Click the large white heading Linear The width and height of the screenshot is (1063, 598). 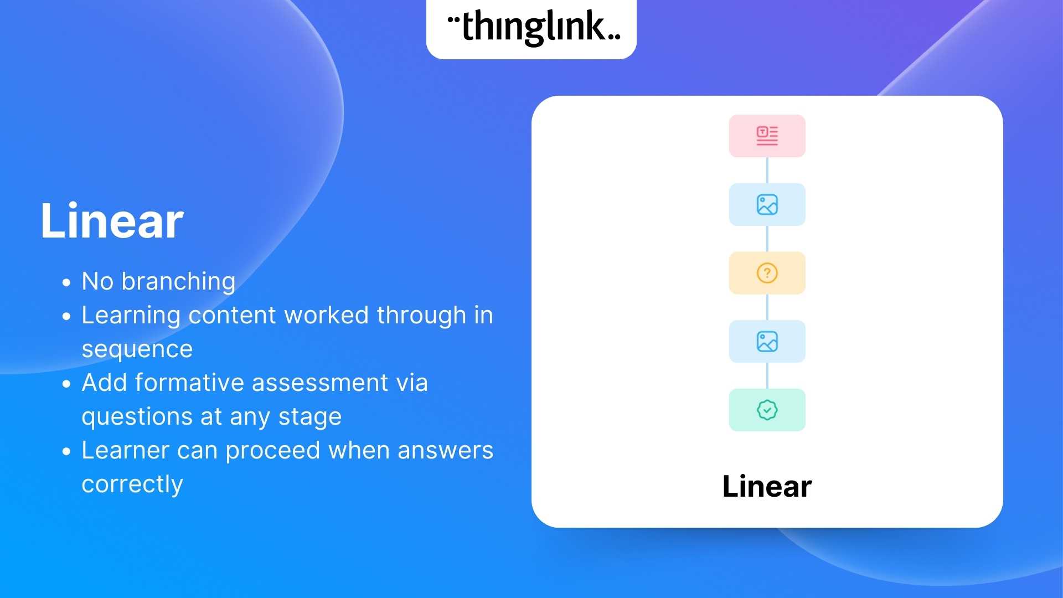click(x=112, y=221)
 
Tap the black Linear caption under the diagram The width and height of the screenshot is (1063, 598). click(x=767, y=487)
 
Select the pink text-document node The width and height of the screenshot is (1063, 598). click(x=767, y=136)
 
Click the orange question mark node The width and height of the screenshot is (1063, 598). click(x=767, y=273)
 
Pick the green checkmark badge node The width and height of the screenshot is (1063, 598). click(x=767, y=410)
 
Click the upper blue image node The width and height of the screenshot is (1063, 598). click(x=767, y=204)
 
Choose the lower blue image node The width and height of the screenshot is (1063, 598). click(x=767, y=342)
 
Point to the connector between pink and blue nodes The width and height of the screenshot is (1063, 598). click(x=767, y=170)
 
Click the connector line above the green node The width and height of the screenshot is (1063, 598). click(x=767, y=375)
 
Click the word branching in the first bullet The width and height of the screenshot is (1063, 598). click(x=178, y=282)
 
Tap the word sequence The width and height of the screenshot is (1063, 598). click(x=137, y=349)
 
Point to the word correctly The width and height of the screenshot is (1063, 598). click(x=132, y=484)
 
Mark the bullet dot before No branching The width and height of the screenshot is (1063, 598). click(x=67, y=283)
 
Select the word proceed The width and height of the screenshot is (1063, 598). click(x=273, y=451)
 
